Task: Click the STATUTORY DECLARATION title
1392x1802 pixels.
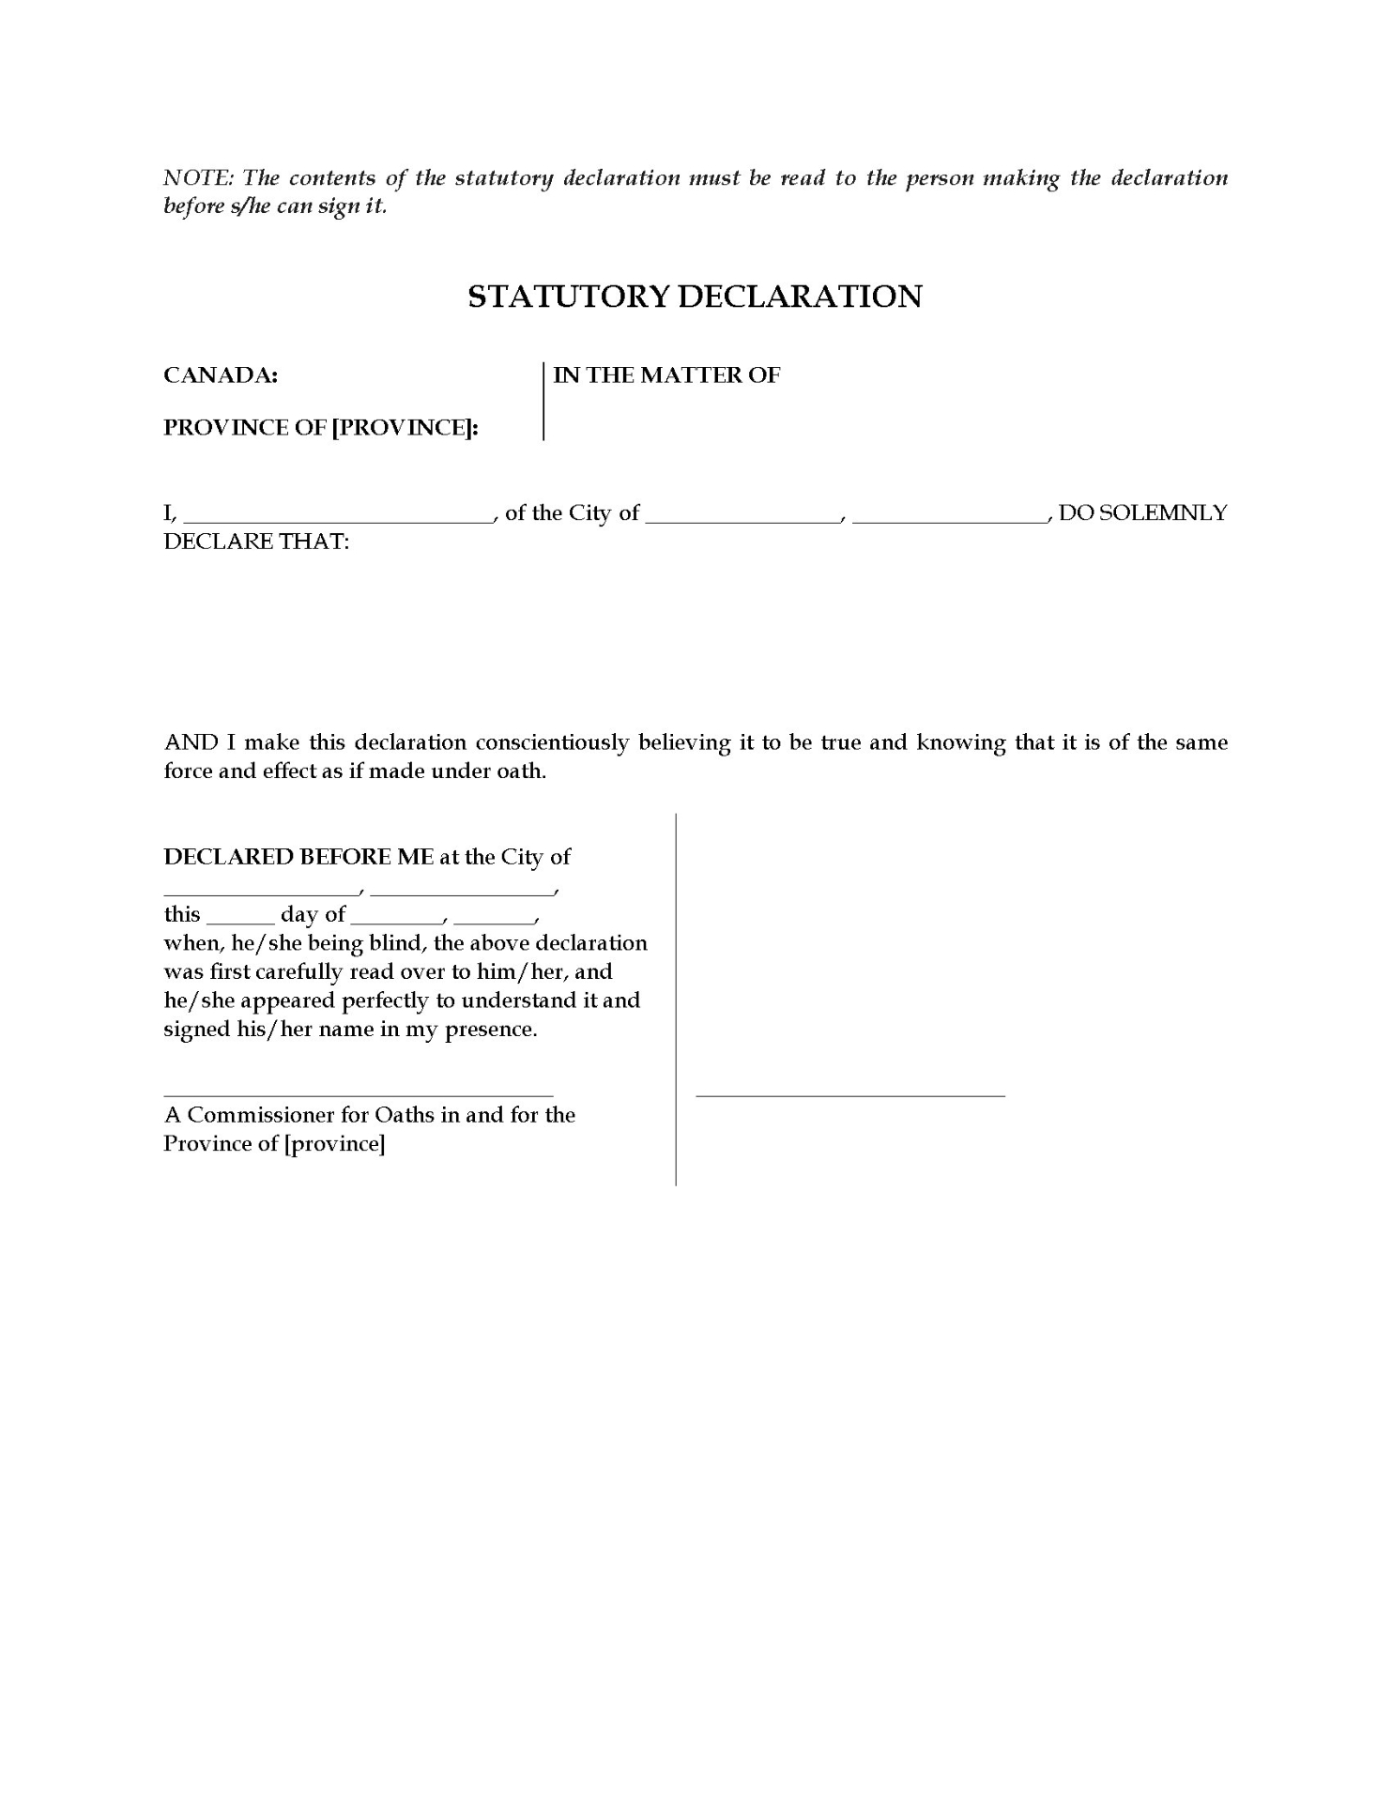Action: click(695, 297)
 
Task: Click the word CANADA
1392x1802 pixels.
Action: click(221, 375)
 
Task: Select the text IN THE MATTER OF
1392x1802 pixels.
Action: click(666, 375)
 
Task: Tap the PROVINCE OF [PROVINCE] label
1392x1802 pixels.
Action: click(321, 428)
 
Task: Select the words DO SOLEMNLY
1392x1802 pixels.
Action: click(1142, 513)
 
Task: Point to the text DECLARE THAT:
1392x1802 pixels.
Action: click(256, 542)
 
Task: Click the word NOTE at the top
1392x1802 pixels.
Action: click(197, 178)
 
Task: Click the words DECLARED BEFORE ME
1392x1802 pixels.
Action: click(298, 857)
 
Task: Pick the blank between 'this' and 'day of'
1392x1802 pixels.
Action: click(240, 918)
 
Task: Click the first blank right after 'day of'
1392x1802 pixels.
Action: click(395, 918)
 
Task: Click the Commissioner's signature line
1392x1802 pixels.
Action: click(359, 1092)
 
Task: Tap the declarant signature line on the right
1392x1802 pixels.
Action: click(849, 1092)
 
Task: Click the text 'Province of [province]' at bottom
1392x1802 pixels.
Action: click(274, 1144)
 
